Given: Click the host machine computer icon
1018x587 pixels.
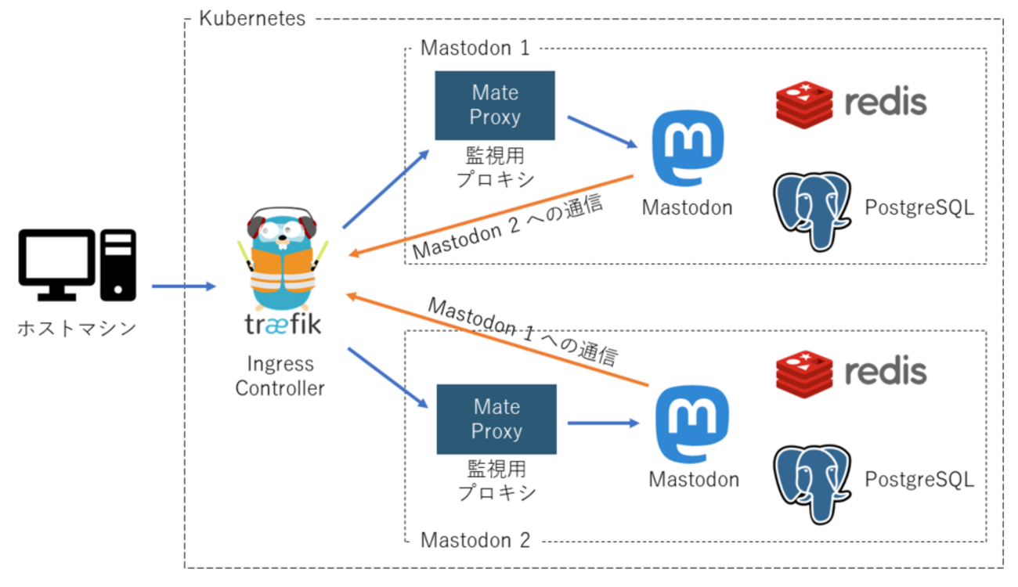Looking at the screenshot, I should (x=77, y=265).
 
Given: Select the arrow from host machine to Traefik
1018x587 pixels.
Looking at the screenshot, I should (x=182, y=286).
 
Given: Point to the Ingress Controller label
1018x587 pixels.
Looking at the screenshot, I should (x=280, y=376).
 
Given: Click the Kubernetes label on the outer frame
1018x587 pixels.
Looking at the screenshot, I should (x=252, y=19).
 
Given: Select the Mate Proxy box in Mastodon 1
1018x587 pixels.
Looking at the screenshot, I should (x=495, y=105).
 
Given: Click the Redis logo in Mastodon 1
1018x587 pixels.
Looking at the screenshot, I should (x=851, y=103).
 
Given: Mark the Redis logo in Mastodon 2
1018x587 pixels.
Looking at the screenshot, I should (x=851, y=372).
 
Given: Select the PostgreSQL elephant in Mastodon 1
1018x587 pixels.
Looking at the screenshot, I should (x=812, y=210).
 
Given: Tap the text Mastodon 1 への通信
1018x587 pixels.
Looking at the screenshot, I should (x=523, y=331).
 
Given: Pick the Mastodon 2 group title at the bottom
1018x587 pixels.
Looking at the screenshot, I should (x=475, y=540).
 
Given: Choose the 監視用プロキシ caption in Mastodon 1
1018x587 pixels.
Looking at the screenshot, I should (x=495, y=166).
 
